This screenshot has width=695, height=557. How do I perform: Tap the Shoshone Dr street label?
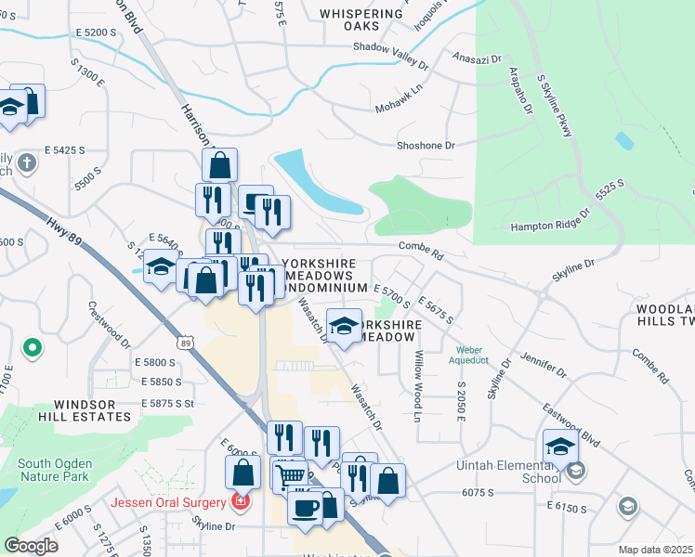[426, 146]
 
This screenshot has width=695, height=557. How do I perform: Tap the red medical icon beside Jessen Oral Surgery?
[241, 502]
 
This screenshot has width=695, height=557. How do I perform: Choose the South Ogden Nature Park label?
[54, 470]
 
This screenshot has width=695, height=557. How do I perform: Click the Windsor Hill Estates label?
[91, 410]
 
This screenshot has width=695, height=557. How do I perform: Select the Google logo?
[31, 546]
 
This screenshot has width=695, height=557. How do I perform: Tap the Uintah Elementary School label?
[507, 472]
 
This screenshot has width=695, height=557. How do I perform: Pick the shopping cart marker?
[289, 475]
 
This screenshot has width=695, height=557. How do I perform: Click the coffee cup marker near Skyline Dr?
[306, 507]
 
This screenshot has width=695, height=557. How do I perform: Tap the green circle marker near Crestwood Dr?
[33, 349]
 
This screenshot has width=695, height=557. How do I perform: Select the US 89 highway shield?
[187, 343]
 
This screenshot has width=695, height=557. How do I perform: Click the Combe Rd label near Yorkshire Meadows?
[421, 245]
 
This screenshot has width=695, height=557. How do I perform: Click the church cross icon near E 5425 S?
[28, 164]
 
